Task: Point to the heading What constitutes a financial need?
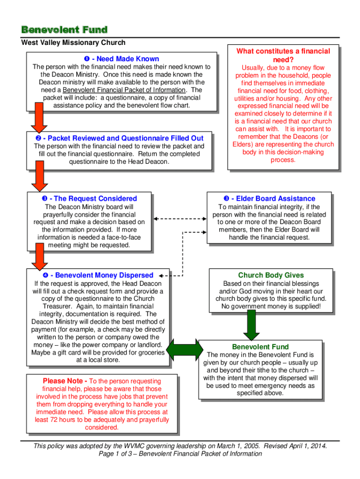click(x=283, y=56)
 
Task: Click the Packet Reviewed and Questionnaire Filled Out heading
click(x=119, y=138)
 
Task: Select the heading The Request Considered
click(x=89, y=199)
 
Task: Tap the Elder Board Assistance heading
click(x=269, y=199)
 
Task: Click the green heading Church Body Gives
click(x=271, y=276)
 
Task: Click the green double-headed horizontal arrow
click(x=184, y=349)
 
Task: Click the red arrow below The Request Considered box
click(x=39, y=257)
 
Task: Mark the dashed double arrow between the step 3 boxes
click(x=180, y=218)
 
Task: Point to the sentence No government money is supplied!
click(x=271, y=306)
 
